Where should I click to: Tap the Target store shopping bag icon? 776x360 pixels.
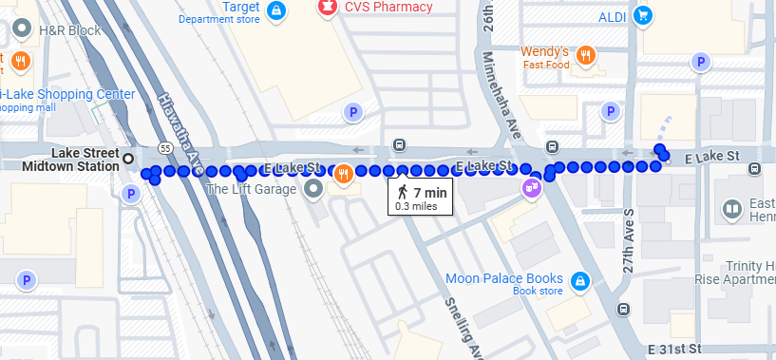click(275, 11)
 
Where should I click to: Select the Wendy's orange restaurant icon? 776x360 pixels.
click(587, 55)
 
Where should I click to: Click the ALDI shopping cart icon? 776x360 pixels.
click(643, 15)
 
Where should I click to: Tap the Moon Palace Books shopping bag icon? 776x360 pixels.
click(579, 280)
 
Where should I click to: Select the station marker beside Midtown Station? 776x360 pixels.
click(128, 157)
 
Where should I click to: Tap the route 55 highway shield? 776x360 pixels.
click(166, 149)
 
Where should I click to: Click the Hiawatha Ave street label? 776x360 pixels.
click(180, 123)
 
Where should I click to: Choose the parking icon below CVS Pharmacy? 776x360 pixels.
click(353, 112)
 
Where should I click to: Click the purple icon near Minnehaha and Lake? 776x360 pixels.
click(531, 187)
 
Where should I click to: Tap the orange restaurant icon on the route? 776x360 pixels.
click(343, 173)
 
